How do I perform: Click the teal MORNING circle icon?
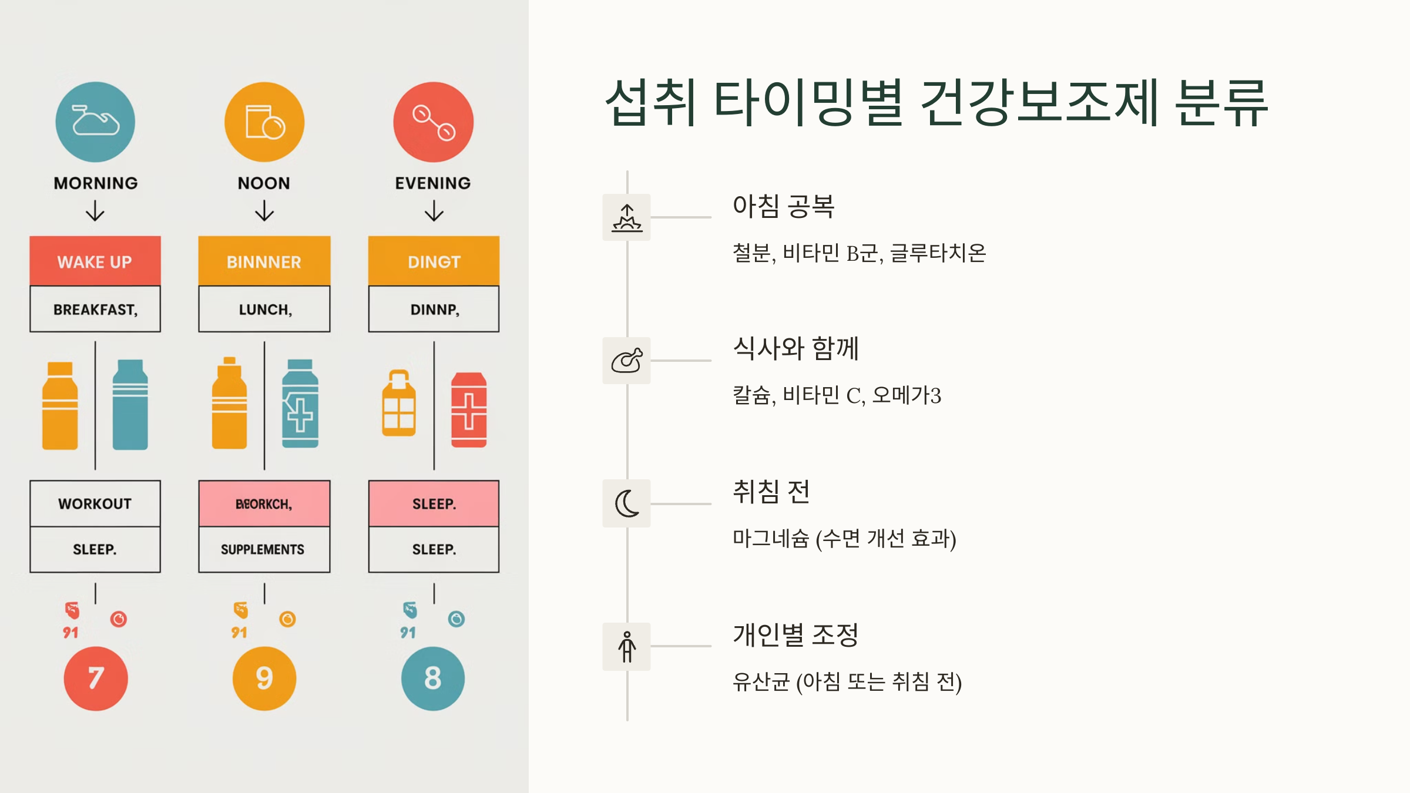(95, 122)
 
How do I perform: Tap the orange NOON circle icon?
(264, 122)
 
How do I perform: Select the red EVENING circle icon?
(433, 122)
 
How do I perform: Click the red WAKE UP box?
(95, 261)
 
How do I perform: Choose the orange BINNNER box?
(264, 261)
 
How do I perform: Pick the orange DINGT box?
(434, 261)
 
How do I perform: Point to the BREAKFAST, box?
(95, 309)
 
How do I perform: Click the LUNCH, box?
(264, 309)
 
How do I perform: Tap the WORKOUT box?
(95, 503)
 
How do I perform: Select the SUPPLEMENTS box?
(264, 549)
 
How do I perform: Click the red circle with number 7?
(95, 678)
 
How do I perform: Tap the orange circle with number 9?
(264, 678)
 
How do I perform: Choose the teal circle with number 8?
(433, 678)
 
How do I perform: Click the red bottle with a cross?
(468, 409)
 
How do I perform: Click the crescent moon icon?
(626, 503)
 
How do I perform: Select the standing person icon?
(626, 646)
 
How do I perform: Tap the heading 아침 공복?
(783, 206)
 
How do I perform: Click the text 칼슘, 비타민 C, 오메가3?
(837, 395)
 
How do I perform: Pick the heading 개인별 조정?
(795, 635)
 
